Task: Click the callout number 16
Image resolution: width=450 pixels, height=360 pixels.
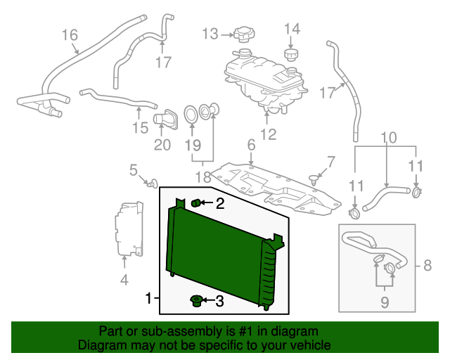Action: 70,34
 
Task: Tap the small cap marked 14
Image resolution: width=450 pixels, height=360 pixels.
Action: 290,54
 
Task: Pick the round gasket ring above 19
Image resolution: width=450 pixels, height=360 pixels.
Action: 191,113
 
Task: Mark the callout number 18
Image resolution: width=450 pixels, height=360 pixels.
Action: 202,176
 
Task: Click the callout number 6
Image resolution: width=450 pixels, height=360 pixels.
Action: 250,145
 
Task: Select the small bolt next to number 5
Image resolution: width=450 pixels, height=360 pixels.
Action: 150,184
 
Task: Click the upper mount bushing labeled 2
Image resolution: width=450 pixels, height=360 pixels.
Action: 197,204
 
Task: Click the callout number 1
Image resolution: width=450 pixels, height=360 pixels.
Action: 148,300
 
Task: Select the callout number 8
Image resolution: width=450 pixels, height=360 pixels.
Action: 427,266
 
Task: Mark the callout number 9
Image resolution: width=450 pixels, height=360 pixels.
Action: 384,303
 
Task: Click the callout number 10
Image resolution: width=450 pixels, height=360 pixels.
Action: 389,137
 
